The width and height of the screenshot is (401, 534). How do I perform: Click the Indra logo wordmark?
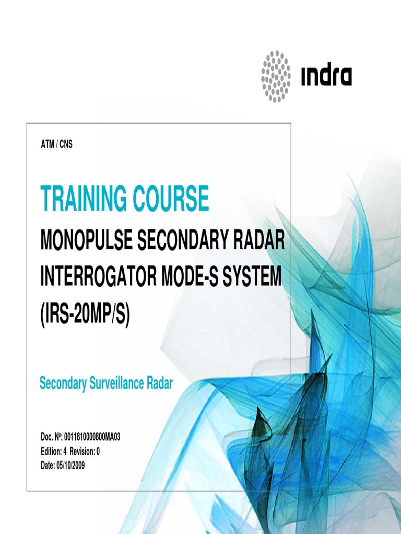[x=326, y=76]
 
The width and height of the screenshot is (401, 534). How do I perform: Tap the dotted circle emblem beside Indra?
[x=276, y=76]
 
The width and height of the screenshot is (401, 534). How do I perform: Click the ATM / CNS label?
[x=56, y=145]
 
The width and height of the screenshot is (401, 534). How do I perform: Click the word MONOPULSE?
[x=86, y=243]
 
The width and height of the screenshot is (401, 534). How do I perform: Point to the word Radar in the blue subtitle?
[x=159, y=384]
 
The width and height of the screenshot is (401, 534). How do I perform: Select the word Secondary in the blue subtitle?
[x=62, y=384]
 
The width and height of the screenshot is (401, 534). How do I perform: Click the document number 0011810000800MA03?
[x=92, y=437]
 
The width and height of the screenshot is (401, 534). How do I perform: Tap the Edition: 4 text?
[x=54, y=452]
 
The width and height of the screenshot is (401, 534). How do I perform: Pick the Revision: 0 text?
[x=85, y=452]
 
